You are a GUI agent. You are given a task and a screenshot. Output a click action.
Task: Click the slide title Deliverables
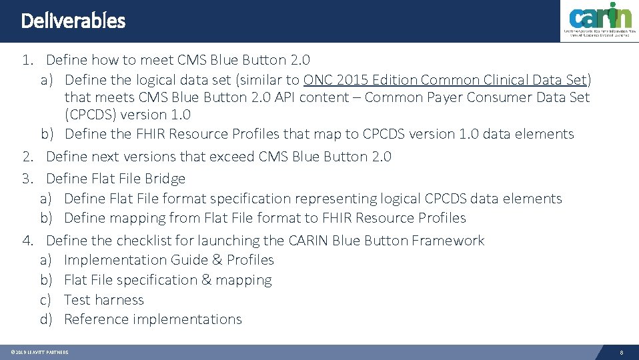pyautogui.click(x=73, y=21)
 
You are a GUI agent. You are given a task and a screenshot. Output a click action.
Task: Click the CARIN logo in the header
pyautogui.click(x=598, y=21)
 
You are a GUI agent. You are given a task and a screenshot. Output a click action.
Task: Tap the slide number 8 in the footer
pyautogui.click(x=621, y=352)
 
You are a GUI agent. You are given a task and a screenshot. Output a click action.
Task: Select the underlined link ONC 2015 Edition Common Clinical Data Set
pyautogui.click(x=445, y=80)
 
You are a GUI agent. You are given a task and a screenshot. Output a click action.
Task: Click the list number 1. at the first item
pyautogui.click(x=27, y=61)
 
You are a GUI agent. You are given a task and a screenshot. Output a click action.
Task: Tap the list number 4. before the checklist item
pyautogui.click(x=27, y=241)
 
